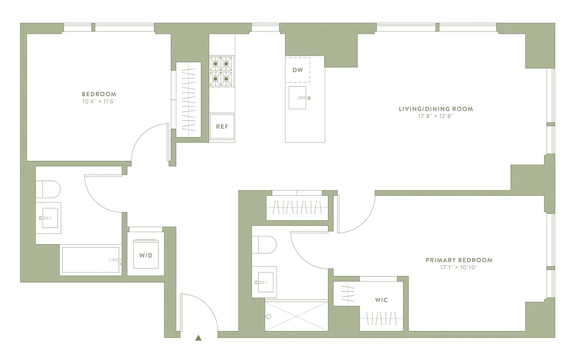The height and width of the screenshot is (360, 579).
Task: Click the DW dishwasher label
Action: [x=297, y=70]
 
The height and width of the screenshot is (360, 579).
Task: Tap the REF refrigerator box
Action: [x=222, y=127]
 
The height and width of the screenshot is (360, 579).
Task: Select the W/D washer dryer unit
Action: [x=145, y=255]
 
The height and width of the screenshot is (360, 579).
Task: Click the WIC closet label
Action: [x=381, y=300]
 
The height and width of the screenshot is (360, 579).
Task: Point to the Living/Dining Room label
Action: [x=435, y=109]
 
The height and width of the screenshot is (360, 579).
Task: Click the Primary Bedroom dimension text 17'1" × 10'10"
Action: [x=458, y=267]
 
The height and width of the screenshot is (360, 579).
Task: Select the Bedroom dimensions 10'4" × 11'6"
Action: [x=99, y=101]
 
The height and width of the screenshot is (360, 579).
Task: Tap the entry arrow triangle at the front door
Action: [x=198, y=338]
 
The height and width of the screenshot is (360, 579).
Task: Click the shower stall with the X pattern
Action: [x=296, y=316]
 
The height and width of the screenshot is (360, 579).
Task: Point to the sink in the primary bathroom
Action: [x=265, y=282]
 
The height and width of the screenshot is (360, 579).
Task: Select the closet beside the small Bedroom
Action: [x=188, y=100]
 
